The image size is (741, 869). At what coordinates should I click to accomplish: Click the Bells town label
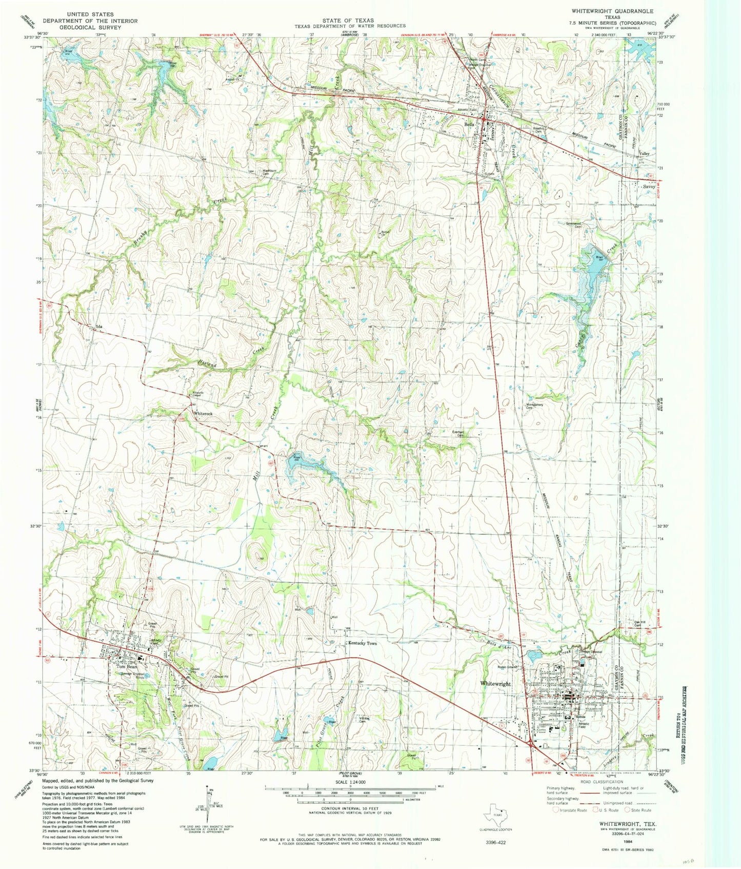pos(469,125)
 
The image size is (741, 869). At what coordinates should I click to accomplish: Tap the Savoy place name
pos(649,187)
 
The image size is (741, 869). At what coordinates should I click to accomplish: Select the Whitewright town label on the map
pos(495,684)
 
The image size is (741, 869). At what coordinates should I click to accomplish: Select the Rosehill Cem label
pos(539,130)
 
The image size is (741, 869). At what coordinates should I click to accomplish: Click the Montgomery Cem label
pos(534,405)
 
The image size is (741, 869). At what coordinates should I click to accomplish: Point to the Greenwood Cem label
pos(573,224)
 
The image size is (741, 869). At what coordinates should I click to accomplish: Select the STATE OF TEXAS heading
pos(348,20)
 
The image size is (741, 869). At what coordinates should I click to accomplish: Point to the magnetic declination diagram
pos(210,804)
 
